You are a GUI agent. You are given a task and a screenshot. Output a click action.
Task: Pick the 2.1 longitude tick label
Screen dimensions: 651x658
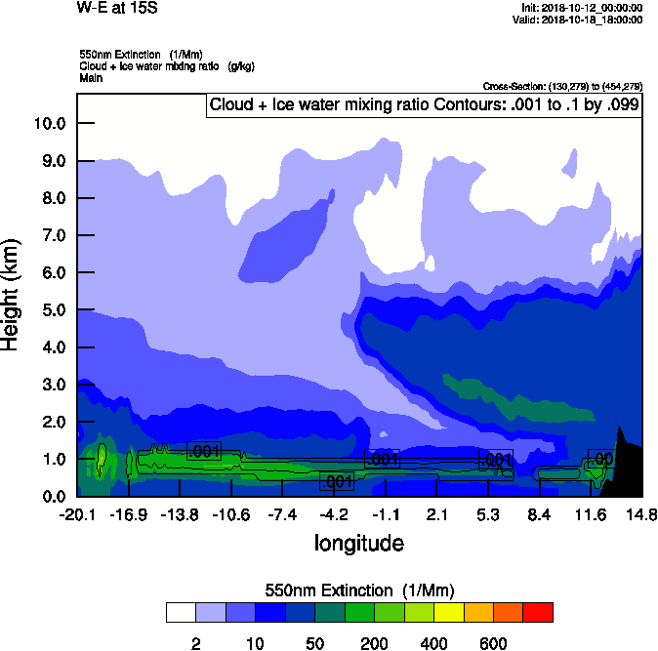click(x=436, y=514)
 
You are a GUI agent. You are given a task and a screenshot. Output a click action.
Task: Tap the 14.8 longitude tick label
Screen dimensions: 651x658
click(x=641, y=514)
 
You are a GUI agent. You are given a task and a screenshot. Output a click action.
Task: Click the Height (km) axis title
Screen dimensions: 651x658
click(x=12, y=293)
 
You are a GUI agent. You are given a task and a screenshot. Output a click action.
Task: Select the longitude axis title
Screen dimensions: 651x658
click(x=358, y=543)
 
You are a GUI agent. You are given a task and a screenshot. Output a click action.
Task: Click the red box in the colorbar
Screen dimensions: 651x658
click(x=538, y=612)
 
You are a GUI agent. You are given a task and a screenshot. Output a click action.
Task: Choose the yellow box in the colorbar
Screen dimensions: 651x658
click(x=448, y=612)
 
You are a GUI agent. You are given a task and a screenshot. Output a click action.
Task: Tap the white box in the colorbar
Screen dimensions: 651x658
click(x=181, y=612)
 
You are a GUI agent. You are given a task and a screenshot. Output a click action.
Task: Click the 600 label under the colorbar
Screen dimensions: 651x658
click(x=493, y=643)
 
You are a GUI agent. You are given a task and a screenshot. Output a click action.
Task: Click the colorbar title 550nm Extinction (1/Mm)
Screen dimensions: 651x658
click(x=358, y=590)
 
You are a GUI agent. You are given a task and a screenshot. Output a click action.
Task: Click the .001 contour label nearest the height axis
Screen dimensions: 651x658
click(x=204, y=451)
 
